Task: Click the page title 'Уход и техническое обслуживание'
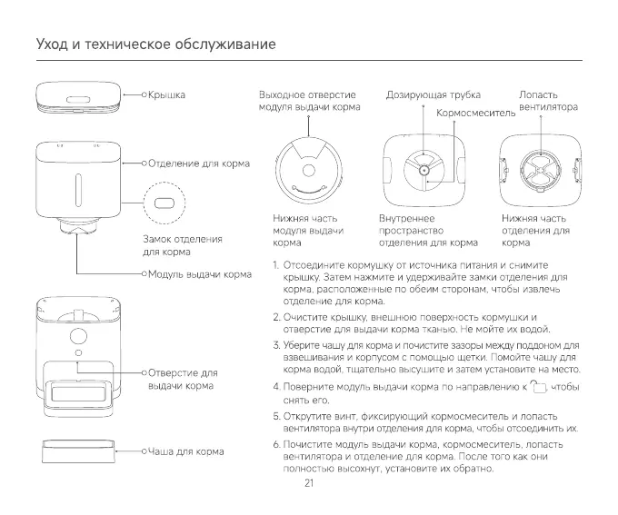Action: tap(156, 44)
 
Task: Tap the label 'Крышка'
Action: tap(166, 95)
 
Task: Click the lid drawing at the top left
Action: tap(78, 97)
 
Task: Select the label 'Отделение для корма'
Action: tap(199, 163)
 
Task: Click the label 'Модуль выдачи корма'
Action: tap(199, 274)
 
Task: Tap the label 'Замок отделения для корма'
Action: tap(183, 245)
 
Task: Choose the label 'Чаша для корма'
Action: tap(185, 451)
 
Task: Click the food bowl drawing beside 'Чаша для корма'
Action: tap(78, 451)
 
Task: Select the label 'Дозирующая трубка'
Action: tap(434, 95)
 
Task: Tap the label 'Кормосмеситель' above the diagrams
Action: tap(475, 114)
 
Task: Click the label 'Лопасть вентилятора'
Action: tap(548, 101)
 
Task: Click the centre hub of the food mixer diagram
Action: tap(424, 171)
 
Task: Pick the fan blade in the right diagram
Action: tap(541, 170)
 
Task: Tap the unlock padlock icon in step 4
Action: tap(538, 387)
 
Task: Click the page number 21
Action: tap(309, 483)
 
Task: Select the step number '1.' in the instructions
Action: tap(276, 265)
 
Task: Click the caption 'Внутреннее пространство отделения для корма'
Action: tap(428, 231)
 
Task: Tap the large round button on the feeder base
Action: tap(78, 336)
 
